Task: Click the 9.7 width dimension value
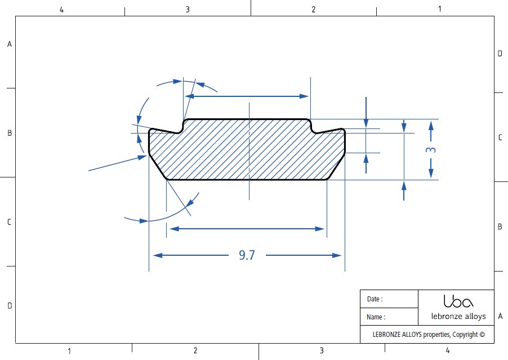pos(247,255)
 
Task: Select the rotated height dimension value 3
pos(431,150)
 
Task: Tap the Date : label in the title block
pos(375,299)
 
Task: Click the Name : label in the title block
pos(376,317)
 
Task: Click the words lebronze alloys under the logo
pos(458,316)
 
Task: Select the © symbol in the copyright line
pos(482,334)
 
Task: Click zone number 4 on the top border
pos(61,9)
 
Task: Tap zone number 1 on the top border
pos(440,9)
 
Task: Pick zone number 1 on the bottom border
pos(69,351)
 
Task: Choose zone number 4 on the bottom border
pos(448,351)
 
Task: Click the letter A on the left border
pos(9,44)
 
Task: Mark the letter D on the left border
pos(9,306)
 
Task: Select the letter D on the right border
pos(500,54)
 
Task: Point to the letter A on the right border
pos(500,316)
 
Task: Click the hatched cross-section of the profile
pos(248,152)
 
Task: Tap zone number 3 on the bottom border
pos(322,351)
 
